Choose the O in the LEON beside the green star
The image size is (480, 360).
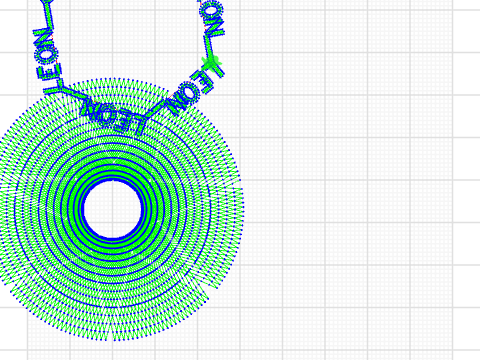click(184, 98)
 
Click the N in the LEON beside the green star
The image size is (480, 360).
click(169, 107)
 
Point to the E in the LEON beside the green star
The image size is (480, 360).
click(197, 86)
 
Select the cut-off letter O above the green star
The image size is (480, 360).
click(209, 10)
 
